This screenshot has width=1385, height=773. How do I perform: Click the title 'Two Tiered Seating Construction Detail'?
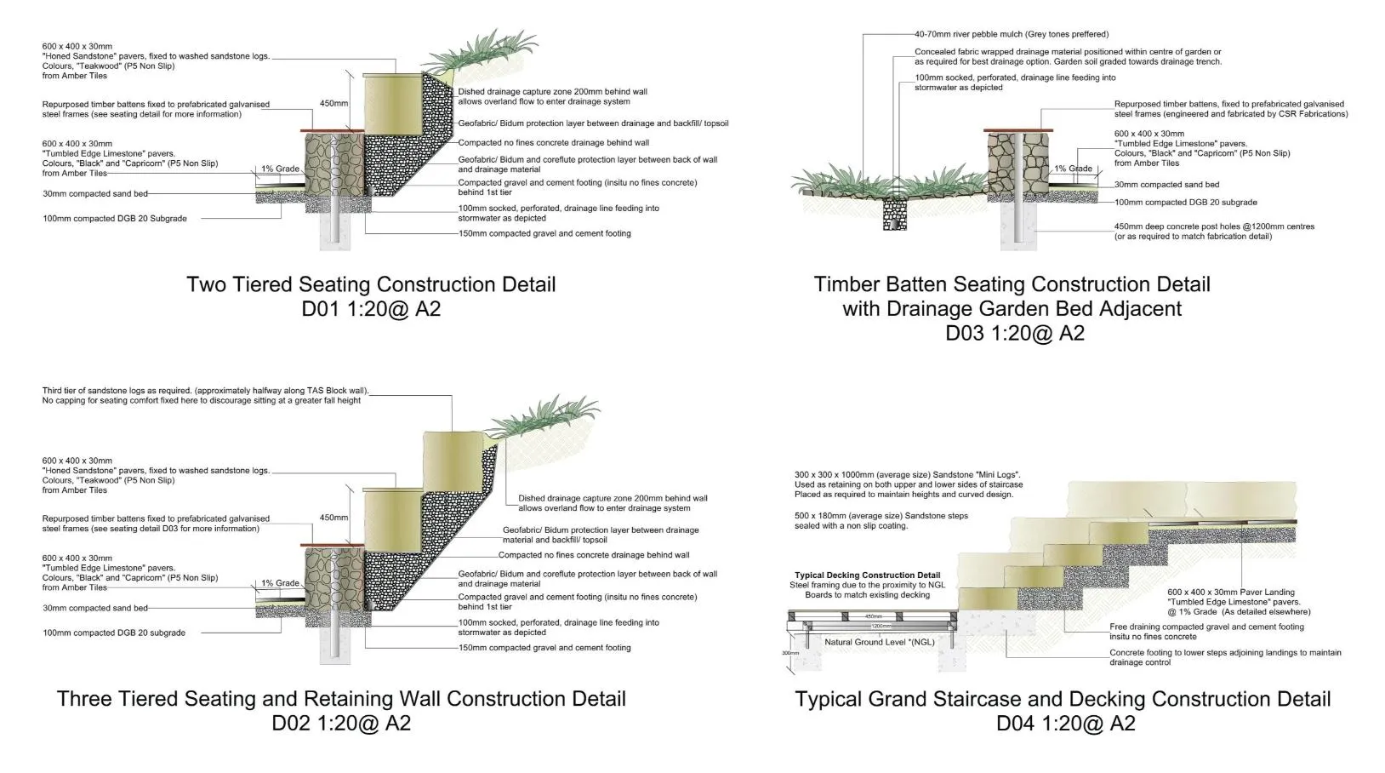point(371,284)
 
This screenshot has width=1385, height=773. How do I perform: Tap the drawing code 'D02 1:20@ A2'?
point(341,723)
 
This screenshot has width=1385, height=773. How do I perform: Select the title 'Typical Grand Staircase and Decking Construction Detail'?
point(1063,699)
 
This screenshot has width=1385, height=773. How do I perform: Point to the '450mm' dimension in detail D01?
point(333,103)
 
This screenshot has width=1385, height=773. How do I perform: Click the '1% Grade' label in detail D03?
point(1074,169)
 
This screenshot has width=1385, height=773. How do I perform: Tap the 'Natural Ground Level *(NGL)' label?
point(879,642)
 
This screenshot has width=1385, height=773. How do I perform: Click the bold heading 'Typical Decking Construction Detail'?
point(867,575)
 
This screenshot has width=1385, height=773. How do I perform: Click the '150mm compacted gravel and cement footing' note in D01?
point(544,233)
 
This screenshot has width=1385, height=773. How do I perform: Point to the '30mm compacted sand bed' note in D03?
point(1166,185)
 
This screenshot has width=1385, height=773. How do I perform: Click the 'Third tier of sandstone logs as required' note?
point(204,396)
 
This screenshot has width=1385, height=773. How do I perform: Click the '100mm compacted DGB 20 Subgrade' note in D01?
point(115,219)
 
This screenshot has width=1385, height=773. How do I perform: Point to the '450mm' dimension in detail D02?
point(333,518)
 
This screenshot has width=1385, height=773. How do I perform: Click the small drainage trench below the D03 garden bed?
point(895,213)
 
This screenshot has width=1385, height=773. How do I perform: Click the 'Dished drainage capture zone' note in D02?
point(613,503)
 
